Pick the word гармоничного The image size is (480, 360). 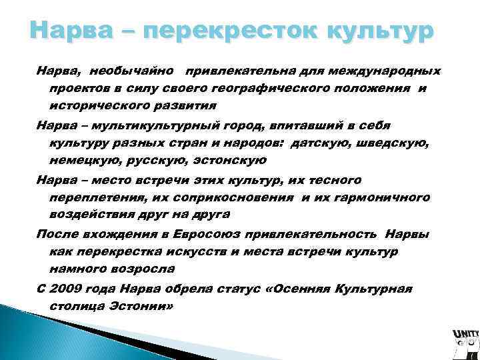(x=382, y=197)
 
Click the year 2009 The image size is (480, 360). (x=66, y=288)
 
